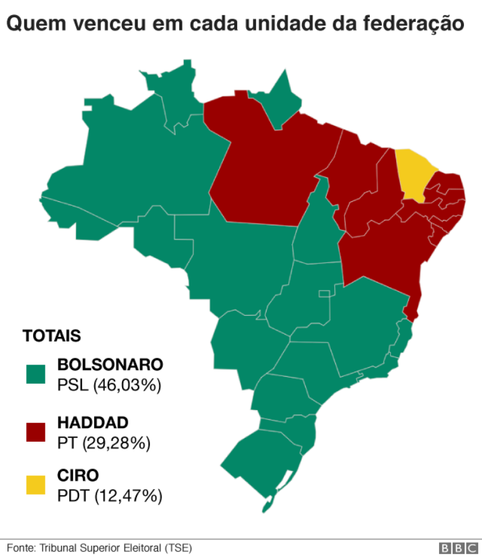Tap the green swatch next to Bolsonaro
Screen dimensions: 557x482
click(36, 374)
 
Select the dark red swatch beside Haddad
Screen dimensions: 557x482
click(36, 432)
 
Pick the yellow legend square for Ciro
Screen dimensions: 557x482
click(36, 485)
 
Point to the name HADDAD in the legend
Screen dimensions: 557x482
click(93, 422)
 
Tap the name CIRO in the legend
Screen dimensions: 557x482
click(78, 476)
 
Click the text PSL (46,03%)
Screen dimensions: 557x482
click(109, 385)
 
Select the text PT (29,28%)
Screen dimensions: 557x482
click(104, 443)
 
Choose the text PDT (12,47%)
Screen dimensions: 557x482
click(110, 497)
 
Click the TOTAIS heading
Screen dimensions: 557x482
click(52, 336)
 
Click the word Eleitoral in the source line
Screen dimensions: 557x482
click(143, 548)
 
